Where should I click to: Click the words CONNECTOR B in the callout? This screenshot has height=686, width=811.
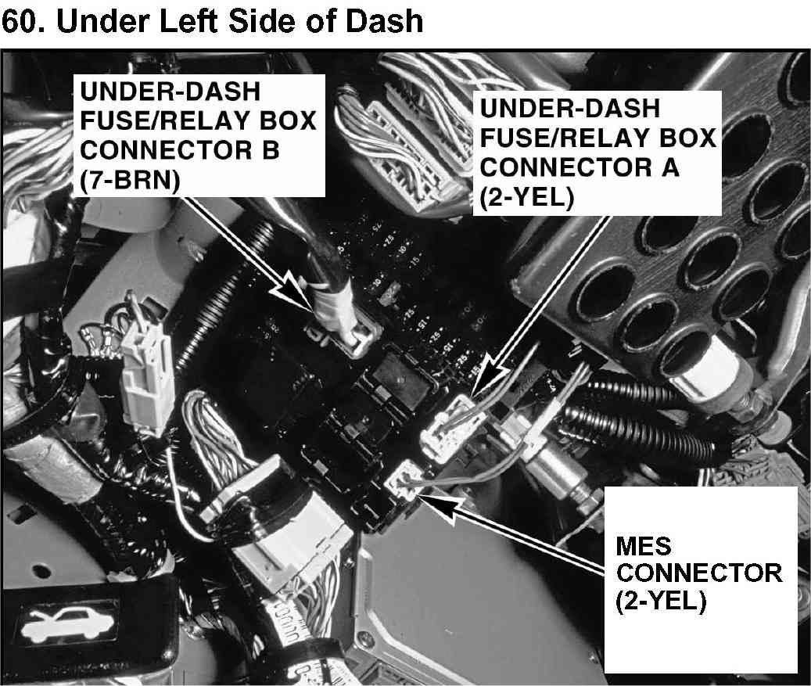tap(180, 149)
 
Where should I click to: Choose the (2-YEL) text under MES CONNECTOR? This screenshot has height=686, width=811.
tap(662, 603)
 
